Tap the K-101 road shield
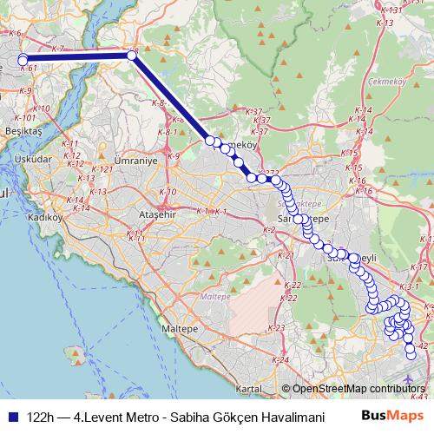pyautogui.click(x=25, y=118)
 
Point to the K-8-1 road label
pyautogui.click(x=167, y=132)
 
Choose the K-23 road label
pyautogui.click(x=277, y=327)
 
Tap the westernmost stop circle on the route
pyautogui.click(x=23, y=60)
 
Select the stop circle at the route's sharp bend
pyautogui.click(x=132, y=55)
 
